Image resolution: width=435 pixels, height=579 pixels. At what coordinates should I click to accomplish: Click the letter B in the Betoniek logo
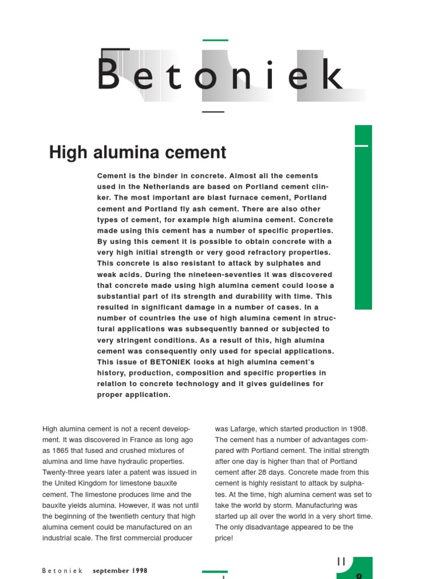tap(108, 74)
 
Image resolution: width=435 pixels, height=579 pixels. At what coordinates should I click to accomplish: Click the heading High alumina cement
tap(138, 152)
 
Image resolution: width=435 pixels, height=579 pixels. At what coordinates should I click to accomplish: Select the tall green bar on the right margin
tap(363, 217)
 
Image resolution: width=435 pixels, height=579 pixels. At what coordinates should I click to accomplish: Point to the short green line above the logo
tap(215, 40)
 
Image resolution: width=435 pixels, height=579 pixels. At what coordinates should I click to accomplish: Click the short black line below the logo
tap(213, 112)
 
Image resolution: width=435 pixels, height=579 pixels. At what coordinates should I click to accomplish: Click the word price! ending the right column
tap(224, 538)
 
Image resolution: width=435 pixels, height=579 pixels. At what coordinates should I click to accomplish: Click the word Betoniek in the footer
tap(62, 571)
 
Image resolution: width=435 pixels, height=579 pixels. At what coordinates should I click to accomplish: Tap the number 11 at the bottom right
tap(341, 561)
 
